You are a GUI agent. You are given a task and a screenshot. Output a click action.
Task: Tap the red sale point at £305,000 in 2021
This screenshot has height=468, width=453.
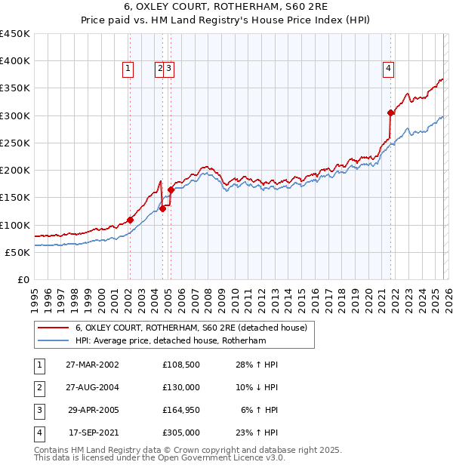(x=390, y=113)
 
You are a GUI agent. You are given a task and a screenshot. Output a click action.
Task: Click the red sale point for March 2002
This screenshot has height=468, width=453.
(x=130, y=220)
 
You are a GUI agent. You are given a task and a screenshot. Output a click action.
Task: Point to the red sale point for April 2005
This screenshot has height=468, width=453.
(x=171, y=189)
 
